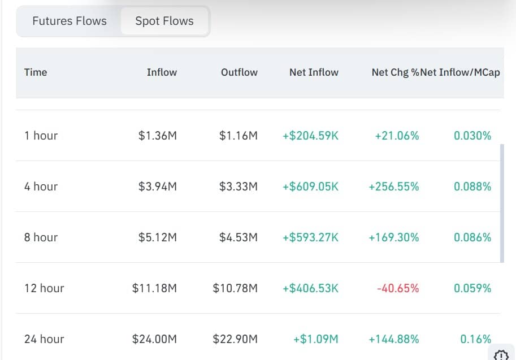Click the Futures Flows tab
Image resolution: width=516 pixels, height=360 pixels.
pos(70,21)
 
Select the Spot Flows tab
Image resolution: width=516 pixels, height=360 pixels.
pos(164,21)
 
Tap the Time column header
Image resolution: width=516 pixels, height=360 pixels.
pos(36,72)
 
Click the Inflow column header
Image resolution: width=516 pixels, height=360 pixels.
pos(162,72)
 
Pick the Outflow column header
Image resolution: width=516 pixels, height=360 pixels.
pos(239,72)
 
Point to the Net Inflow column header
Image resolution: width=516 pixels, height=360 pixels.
pos(314,72)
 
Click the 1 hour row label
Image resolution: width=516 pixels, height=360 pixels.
pos(41,136)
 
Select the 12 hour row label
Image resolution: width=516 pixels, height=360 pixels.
pos(44,288)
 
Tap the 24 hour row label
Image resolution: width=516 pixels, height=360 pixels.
pos(44,339)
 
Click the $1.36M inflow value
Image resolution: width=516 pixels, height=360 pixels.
pos(158,136)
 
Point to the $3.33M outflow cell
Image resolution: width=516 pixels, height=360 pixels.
pos(239,186)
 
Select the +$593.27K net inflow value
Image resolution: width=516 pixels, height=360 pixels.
pos(311,237)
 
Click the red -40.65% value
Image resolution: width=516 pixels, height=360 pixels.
pos(398,288)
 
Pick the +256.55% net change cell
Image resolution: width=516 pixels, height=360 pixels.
pos(394,186)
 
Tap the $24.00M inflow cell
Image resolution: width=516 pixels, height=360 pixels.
pos(154,339)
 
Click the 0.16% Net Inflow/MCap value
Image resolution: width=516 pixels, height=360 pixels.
pos(476,339)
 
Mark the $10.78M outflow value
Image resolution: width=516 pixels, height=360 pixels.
pos(235,288)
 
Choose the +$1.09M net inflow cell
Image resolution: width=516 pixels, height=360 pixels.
pos(316,339)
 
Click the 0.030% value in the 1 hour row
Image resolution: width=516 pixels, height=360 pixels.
pos(472,136)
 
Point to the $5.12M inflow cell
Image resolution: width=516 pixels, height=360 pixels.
pos(158,237)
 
